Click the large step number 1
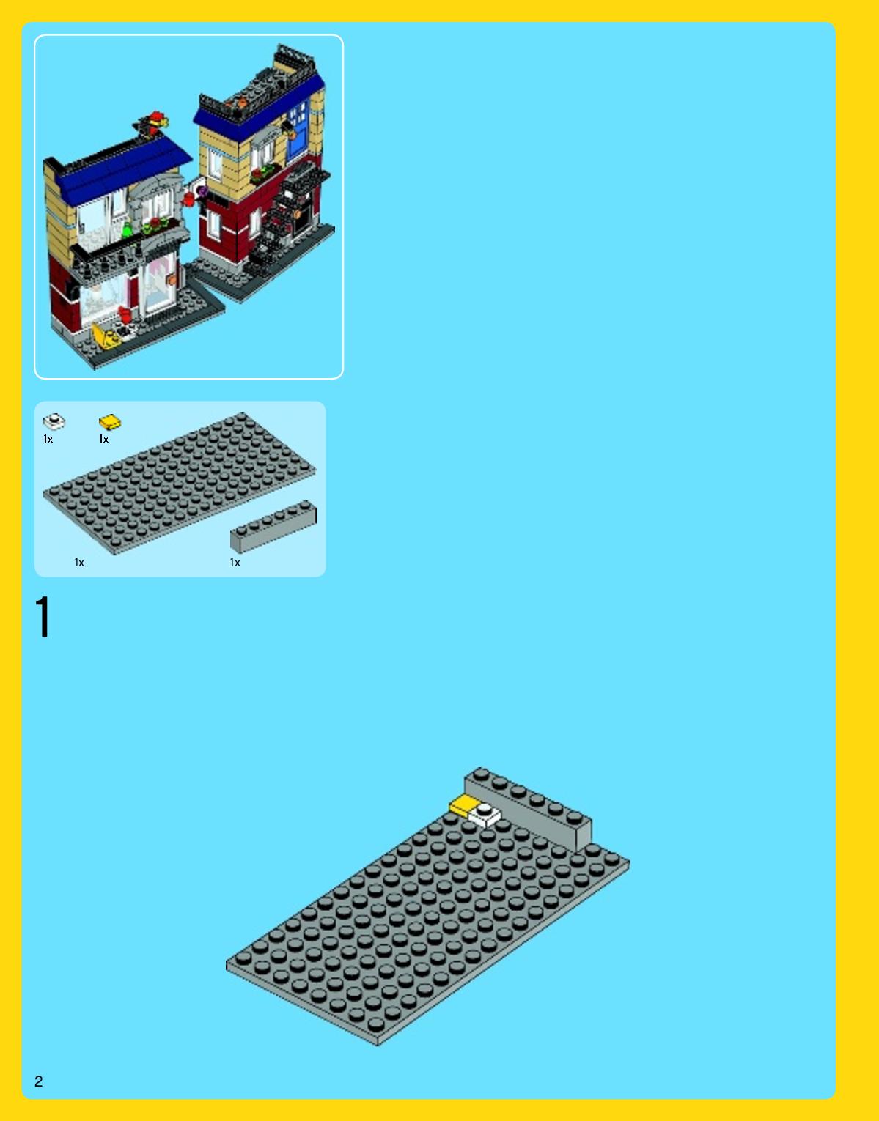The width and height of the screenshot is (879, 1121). pyautogui.click(x=43, y=616)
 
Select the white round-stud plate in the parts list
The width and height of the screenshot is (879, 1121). pyautogui.click(x=54, y=421)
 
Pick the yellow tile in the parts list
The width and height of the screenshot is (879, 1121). pyautogui.click(x=110, y=423)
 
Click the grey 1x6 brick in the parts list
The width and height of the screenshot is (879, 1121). pyautogui.click(x=273, y=526)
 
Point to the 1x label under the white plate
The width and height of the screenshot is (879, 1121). pyautogui.click(x=48, y=439)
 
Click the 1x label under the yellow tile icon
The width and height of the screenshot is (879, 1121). pyautogui.click(x=104, y=439)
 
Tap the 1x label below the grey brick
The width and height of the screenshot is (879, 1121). pyautogui.click(x=235, y=562)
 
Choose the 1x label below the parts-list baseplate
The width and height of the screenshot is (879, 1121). pyautogui.click(x=79, y=562)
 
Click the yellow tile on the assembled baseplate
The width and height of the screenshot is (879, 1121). pyautogui.click(x=463, y=805)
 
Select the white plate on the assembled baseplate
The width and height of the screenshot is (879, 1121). pyautogui.click(x=484, y=815)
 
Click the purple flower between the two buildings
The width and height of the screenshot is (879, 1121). pyautogui.click(x=202, y=192)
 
